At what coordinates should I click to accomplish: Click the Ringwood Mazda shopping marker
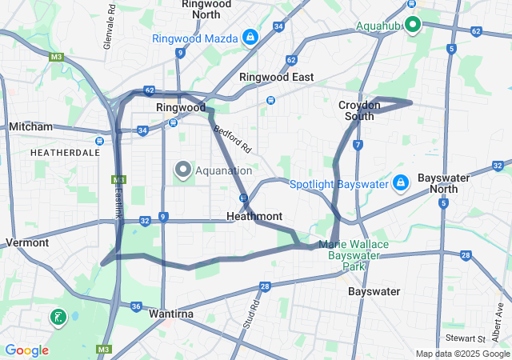click(250, 38)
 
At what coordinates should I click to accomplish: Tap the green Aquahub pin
click(413, 25)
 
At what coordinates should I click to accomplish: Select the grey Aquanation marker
click(182, 170)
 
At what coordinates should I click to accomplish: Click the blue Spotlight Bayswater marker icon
click(401, 184)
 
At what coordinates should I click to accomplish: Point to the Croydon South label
click(355, 110)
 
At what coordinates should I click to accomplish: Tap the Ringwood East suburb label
click(276, 77)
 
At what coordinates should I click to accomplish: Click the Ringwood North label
click(206, 9)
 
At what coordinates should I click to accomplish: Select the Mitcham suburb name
click(30, 127)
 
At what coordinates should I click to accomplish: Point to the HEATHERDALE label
click(65, 151)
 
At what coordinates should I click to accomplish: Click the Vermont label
click(27, 242)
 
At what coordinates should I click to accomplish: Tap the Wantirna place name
click(171, 314)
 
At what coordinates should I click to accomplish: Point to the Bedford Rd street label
click(232, 137)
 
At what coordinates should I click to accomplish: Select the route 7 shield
click(358, 145)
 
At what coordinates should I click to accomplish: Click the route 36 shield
click(136, 306)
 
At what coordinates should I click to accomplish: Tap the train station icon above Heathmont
click(243, 198)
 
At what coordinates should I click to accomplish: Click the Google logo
click(26, 350)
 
